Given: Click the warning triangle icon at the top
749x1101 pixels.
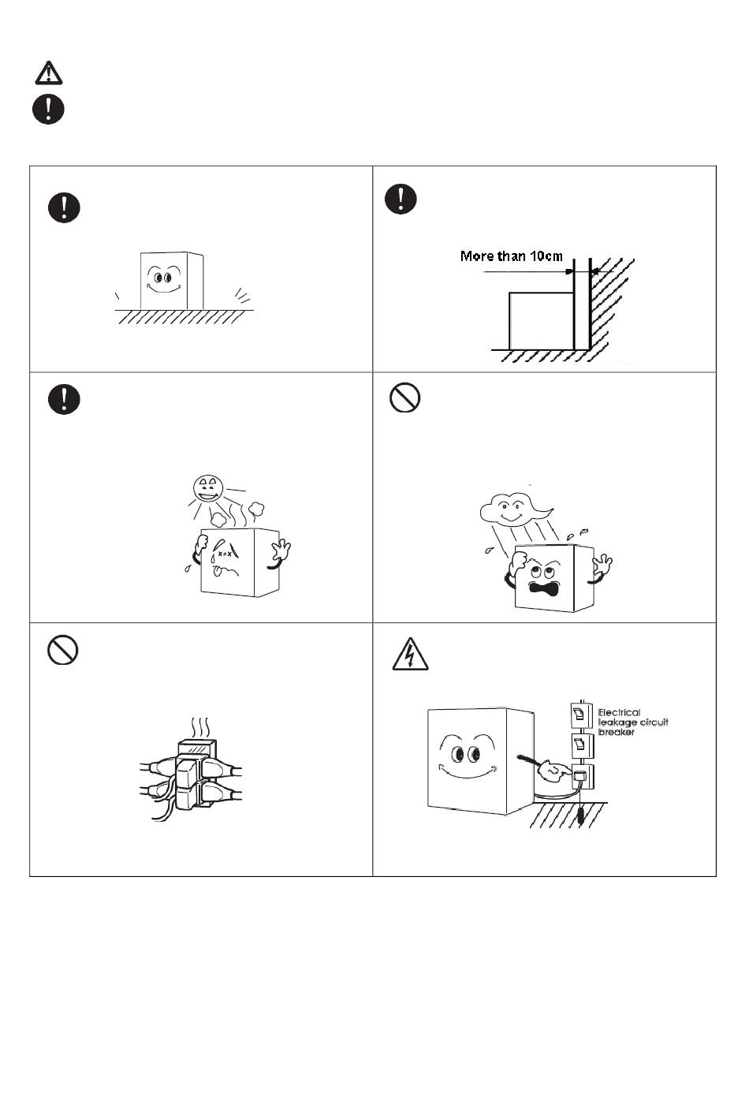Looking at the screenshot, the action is (x=49, y=73).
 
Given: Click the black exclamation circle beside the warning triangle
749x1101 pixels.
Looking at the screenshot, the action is (x=48, y=108).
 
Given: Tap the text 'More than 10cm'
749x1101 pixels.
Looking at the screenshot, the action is (x=512, y=256).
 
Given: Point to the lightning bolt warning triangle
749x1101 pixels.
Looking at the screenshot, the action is (x=410, y=655).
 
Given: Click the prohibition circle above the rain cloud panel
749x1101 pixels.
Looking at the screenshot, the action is (x=404, y=398).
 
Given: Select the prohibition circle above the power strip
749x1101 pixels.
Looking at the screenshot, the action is (x=62, y=651).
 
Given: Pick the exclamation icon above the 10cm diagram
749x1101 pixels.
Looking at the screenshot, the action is (x=401, y=197).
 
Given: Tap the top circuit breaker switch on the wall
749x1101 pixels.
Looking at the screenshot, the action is (x=581, y=715).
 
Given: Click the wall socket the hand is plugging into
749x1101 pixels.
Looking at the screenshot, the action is (x=581, y=777).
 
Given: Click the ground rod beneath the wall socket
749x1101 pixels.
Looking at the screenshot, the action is (x=580, y=815).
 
